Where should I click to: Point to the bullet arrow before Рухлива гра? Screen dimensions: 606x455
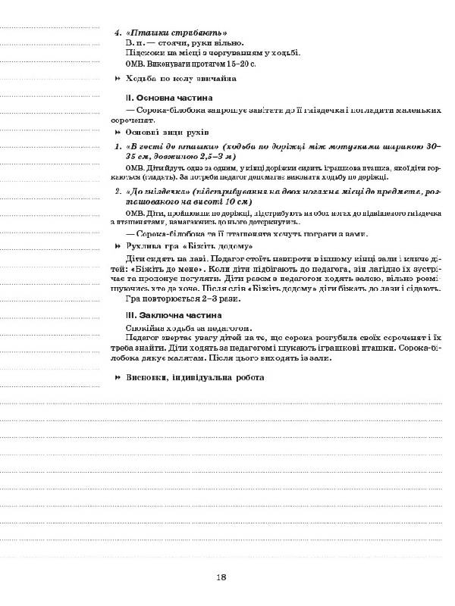[x=118, y=247]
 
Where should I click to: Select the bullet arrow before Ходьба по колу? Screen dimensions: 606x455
[x=118, y=79]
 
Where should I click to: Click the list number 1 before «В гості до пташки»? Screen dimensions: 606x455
[x=117, y=145]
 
